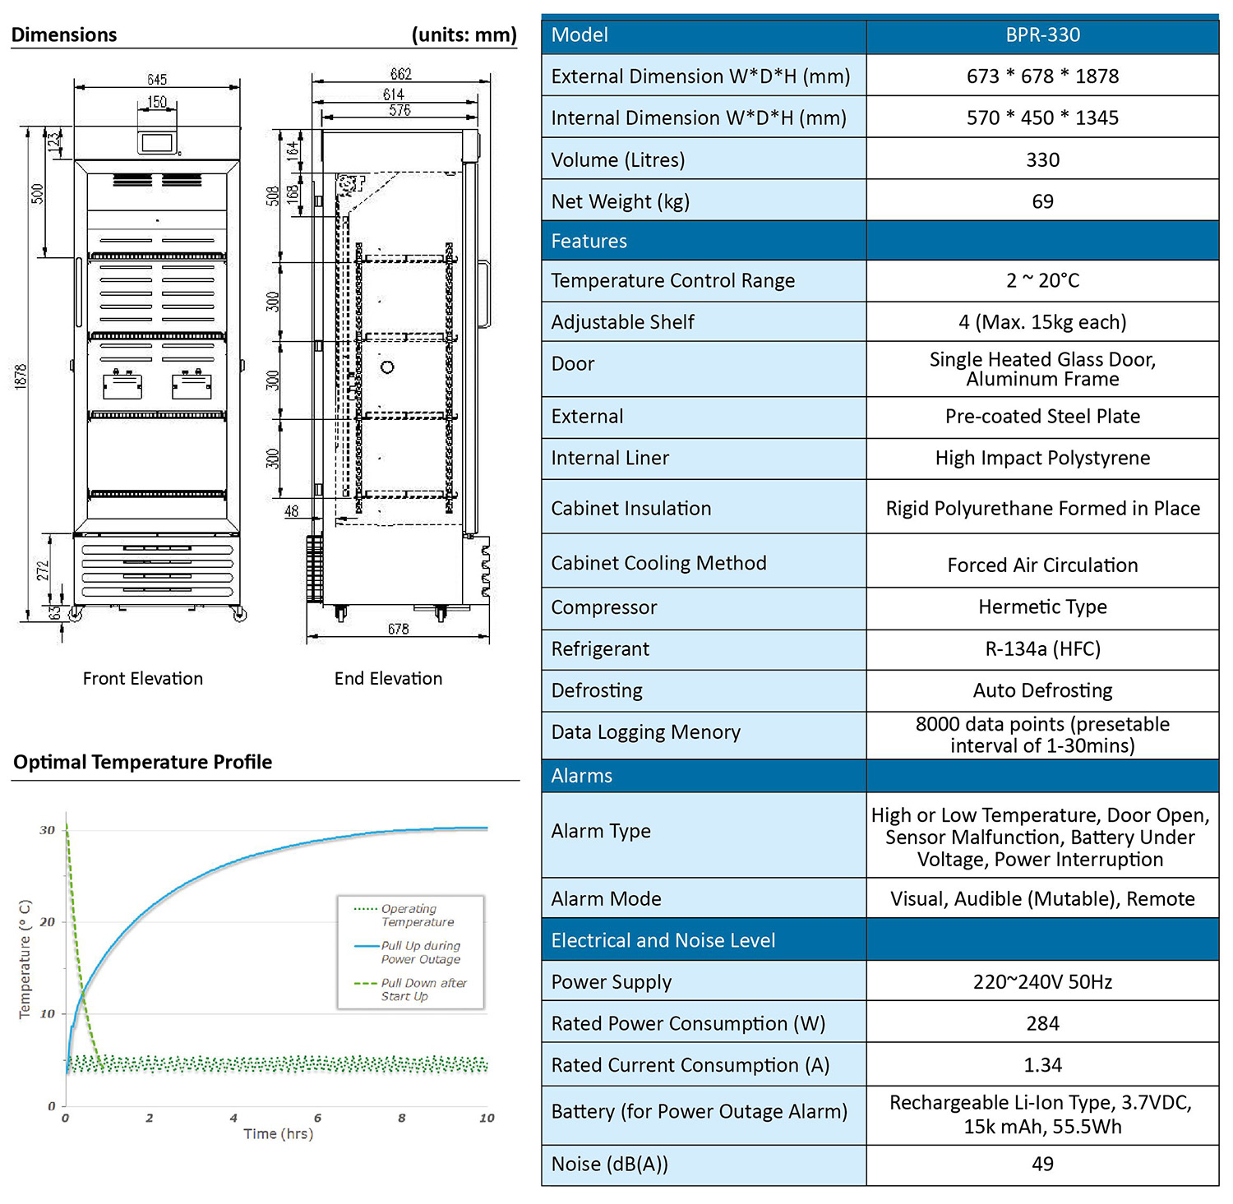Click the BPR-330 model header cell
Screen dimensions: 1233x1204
coord(1042,35)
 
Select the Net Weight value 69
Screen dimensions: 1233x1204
coord(1042,201)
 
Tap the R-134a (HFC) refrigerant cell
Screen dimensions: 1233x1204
coord(1042,649)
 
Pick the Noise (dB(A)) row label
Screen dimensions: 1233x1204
coord(610,1165)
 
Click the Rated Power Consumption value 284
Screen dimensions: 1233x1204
coord(1042,1023)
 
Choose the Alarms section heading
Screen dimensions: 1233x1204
coord(582,776)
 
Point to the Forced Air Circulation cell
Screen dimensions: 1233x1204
coord(1042,565)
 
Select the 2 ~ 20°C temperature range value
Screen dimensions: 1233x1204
coord(1042,281)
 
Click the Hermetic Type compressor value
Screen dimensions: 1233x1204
coord(1042,607)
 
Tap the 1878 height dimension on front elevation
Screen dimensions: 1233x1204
coord(21,376)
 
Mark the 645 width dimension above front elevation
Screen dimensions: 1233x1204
coord(157,80)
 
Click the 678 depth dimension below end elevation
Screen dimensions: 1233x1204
coord(399,629)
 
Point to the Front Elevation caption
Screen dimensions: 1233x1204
coord(143,679)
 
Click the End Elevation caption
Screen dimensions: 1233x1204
coord(388,679)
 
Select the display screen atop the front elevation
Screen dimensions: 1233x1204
coord(156,142)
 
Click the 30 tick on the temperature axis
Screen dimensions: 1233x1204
coord(48,830)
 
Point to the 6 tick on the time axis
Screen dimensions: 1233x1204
coord(318,1118)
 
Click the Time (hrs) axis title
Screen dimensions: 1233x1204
coord(279,1134)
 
